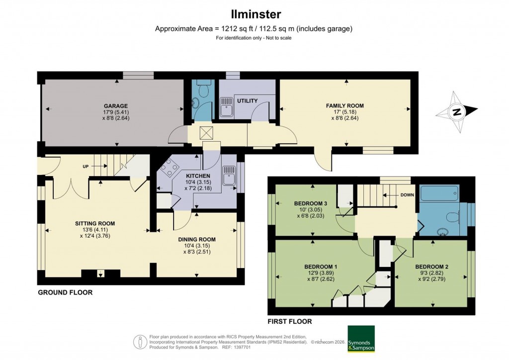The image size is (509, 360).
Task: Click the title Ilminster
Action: pyautogui.click(x=254, y=14)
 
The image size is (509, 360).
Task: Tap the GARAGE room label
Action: pyautogui.click(x=116, y=106)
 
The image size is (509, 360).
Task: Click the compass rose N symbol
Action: pyautogui.click(x=456, y=112)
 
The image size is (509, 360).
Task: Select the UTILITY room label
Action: pyautogui.click(x=247, y=101)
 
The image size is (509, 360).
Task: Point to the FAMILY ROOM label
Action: pyautogui.click(x=344, y=106)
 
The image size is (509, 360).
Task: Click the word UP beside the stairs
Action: pyautogui.click(x=85, y=166)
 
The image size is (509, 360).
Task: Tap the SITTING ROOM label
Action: pyautogui.click(x=95, y=223)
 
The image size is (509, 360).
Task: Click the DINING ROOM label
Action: pyautogui.click(x=197, y=239)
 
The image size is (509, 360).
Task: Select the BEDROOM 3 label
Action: pyautogui.click(x=310, y=203)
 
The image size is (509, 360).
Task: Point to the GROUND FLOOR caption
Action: pyautogui.click(x=65, y=293)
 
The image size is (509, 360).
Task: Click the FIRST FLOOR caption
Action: pyautogui.click(x=289, y=322)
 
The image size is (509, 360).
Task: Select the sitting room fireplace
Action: pyautogui.click(x=100, y=273)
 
